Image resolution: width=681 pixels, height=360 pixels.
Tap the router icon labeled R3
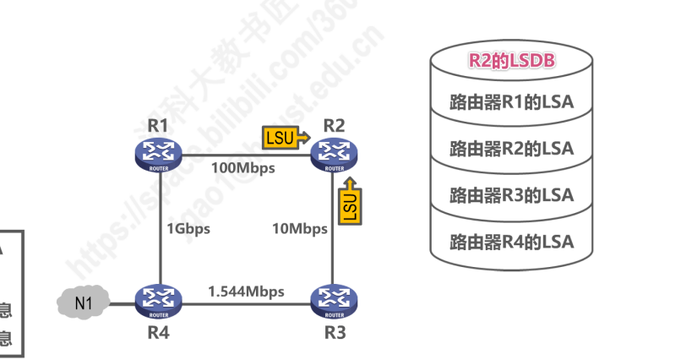(x=335, y=300)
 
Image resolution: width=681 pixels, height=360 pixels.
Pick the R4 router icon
(x=158, y=300)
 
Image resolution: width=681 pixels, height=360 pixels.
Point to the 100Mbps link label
(x=245, y=168)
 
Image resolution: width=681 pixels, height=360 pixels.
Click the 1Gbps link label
(x=188, y=228)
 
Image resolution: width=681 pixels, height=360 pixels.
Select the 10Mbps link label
(x=300, y=228)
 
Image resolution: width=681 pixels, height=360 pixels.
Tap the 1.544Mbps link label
(x=246, y=291)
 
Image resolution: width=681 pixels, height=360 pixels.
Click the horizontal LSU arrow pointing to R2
(x=286, y=137)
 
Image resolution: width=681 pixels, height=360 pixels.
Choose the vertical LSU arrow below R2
(x=350, y=201)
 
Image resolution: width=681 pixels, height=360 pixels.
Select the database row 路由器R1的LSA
(x=511, y=103)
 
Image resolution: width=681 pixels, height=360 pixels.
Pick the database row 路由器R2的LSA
(x=511, y=150)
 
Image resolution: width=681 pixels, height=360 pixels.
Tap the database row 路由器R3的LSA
(x=511, y=195)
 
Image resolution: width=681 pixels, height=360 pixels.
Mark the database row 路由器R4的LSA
(x=511, y=242)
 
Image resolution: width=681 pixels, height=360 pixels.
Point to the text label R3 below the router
(x=335, y=331)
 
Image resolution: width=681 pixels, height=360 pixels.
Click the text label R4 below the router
(x=158, y=331)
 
